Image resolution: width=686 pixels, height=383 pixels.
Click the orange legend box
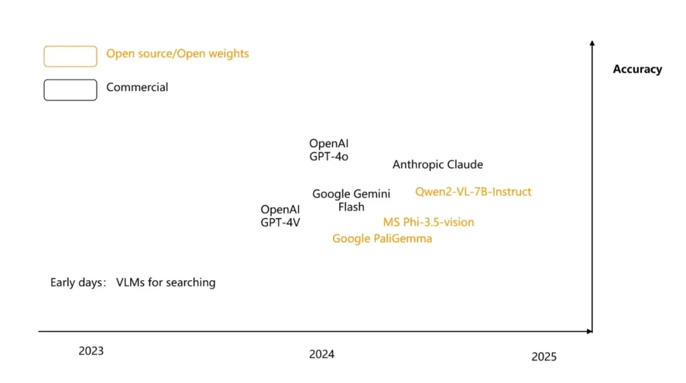tap(70, 56)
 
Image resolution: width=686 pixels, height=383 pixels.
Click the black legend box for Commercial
tap(70, 90)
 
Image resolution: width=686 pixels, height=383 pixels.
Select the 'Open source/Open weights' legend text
tap(177, 53)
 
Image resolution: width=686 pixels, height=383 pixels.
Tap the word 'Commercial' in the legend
tap(137, 87)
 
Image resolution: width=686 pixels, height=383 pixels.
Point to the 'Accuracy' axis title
tap(637, 69)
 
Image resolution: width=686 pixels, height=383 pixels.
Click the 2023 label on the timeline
tap(91, 351)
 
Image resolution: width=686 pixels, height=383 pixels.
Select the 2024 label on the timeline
tap(321, 354)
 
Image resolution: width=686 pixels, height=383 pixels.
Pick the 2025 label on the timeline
tap(544, 356)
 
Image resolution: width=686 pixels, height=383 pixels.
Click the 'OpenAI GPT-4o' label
tap(328, 150)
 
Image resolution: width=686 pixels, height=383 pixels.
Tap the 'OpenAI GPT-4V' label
tap(280, 216)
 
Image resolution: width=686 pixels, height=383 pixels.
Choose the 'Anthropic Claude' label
tap(438, 165)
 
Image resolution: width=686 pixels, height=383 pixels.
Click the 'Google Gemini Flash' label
tap(351, 200)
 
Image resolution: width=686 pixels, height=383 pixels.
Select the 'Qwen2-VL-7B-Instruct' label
tap(473, 191)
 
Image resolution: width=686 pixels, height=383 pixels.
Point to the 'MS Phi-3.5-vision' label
tap(428, 222)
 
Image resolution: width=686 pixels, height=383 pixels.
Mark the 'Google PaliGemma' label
tap(382, 238)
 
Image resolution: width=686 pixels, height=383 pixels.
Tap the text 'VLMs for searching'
tap(166, 283)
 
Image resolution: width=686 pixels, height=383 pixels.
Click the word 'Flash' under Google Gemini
tap(351, 207)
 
